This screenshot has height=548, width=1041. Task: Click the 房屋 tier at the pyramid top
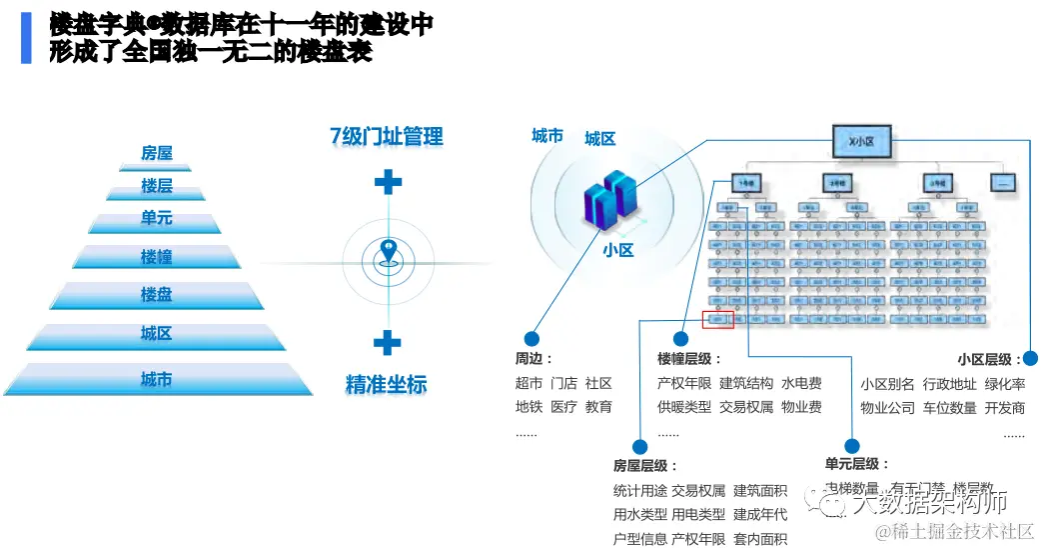point(156,153)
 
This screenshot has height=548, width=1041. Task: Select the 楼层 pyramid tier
point(156,185)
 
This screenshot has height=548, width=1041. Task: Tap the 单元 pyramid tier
point(156,218)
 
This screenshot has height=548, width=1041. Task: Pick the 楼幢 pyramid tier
point(156,256)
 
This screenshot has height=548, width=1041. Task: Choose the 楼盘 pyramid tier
point(156,294)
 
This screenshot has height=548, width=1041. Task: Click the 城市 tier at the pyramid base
point(156,379)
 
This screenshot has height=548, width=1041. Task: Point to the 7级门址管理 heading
point(387,137)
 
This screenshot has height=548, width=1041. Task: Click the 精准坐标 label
point(387,384)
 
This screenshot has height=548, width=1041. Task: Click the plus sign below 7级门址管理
point(388,182)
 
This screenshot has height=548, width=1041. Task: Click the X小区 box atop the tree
point(860,142)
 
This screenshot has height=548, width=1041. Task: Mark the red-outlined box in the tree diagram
point(718,320)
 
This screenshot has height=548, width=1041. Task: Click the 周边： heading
point(533,358)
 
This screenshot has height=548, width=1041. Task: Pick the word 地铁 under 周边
point(528,407)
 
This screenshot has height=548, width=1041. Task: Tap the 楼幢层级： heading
point(684,358)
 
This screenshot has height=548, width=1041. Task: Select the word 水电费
point(801,383)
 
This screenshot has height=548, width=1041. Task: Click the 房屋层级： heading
point(645,465)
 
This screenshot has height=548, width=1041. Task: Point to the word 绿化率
point(1005,383)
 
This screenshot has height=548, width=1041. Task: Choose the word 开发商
point(1005,407)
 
